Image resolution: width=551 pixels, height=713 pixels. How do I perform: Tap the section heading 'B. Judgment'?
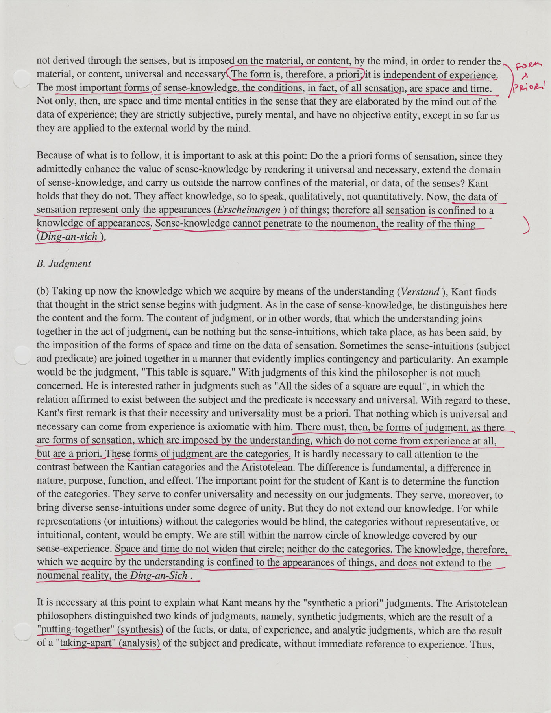[64, 264]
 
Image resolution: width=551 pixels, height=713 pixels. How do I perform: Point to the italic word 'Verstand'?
[418, 292]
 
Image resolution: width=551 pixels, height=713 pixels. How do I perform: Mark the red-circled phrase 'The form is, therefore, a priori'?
[296, 74]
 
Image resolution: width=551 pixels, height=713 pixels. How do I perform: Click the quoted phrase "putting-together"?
[75, 629]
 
